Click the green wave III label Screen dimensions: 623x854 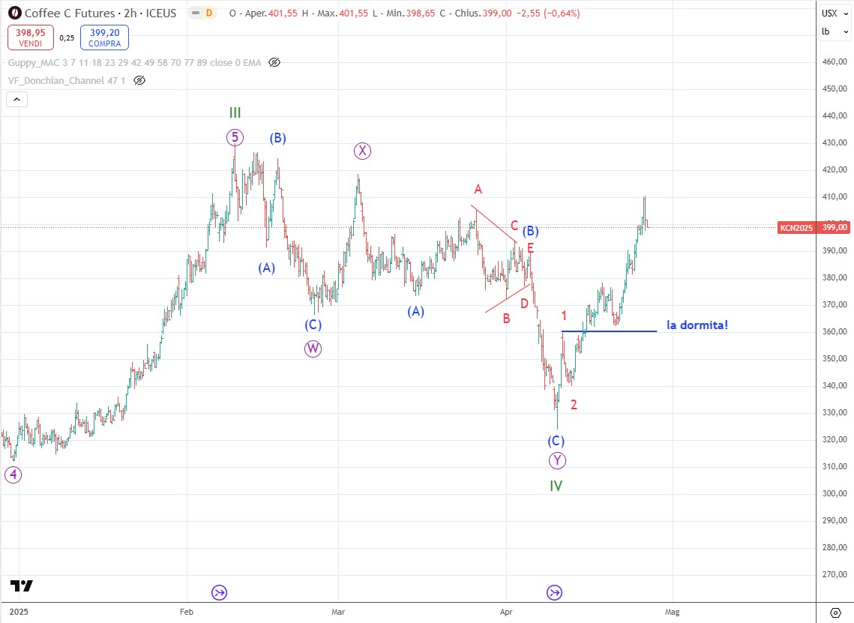pyautogui.click(x=235, y=113)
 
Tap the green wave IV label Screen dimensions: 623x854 pyautogui.click(x=556, y=486)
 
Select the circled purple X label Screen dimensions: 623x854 pyautogui.click(x=362, y=151)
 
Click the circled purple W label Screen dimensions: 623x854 pyautogui.click(x=313, y=348)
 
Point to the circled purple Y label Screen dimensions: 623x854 pyautogui.click(x=556, y=460)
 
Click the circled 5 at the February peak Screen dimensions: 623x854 pyautogui.click(x=235, y=137)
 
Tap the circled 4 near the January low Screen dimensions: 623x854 pyautogui.click(x=13, y=474)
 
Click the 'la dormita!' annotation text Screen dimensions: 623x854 pyautogui.click(x=697, y=325)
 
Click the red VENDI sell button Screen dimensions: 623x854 pyautogui.click(x=29, y=37)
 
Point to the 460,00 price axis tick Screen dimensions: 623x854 pyautogui.click(x=834, y=61)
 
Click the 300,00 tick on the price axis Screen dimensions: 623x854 pyautogui.click(x=834, y=493)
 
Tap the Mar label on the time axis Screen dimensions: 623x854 pyautogui.click(x=338, y=611)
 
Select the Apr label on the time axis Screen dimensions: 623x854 pyautogui.click(x=506, y=611)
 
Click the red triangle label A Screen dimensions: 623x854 pyautogui.click(x=477, y=189)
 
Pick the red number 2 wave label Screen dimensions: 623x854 pyautogui.click(x=574, y=405)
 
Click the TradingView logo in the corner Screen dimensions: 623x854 pyautogui.click(x=22, y=586)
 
